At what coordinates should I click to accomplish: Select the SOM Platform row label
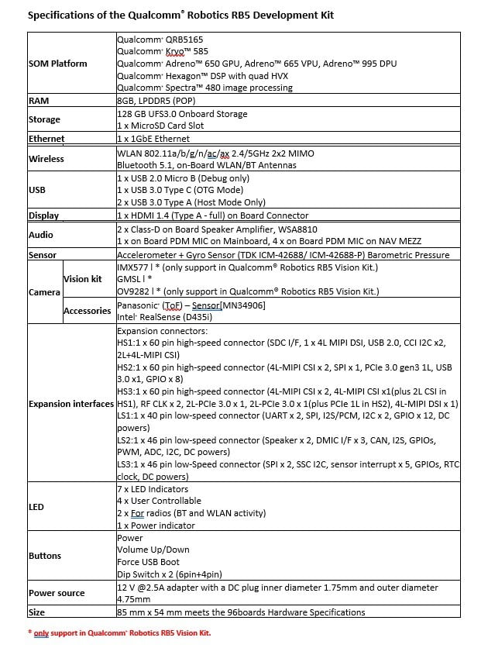coord(58,64)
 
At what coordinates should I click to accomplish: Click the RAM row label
coord(39,101)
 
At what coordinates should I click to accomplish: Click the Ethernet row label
coord(46,139)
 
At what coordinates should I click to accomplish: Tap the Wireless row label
coord(46,159)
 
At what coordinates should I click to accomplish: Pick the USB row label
coord(37,190)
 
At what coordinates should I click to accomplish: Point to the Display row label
coord(44,215)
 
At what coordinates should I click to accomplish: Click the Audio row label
coord(41,235)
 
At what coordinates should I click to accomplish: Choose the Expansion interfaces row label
coord(71,404)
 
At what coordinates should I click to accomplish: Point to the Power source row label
coord(57,593)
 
